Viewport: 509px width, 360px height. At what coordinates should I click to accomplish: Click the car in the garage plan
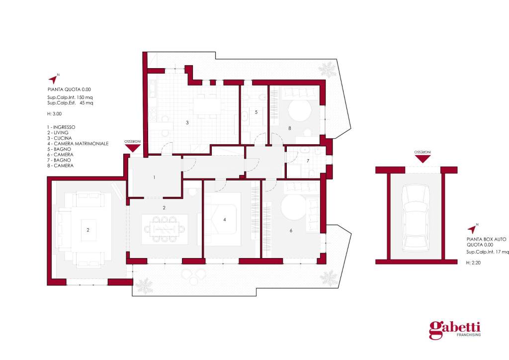416,218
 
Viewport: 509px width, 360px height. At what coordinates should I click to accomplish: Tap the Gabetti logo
455,330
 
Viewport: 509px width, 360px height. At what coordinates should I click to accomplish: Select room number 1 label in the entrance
154,177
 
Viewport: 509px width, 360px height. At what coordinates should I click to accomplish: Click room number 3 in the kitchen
187,123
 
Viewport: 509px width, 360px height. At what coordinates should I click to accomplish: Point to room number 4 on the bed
225,220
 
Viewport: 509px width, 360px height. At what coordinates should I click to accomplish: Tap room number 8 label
290,128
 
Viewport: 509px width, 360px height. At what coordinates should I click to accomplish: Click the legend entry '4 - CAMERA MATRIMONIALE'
78,144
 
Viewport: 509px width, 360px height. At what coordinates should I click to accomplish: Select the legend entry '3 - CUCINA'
60,138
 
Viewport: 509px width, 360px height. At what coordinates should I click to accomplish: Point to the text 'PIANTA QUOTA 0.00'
69,90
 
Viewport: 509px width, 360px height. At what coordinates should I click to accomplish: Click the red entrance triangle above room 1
132,148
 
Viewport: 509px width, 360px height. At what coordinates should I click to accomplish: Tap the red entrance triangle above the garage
423,159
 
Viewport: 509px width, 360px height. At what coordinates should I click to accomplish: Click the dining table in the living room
165,229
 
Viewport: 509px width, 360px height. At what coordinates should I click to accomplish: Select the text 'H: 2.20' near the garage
473,263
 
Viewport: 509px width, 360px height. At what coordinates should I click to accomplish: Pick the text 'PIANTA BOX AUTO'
486,239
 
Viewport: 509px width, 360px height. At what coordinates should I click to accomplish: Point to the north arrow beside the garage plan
472,229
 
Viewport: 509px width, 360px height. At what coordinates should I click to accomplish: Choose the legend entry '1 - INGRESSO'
61,127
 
